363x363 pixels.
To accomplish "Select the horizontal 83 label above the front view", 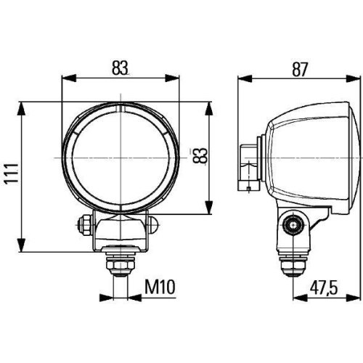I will click(x=121, y=67).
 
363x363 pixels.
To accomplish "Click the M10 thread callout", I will click(x=159, y=287).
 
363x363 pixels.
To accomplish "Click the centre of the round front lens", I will click(x=121, y=158).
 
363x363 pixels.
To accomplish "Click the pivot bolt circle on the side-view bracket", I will click(x=293, y=225).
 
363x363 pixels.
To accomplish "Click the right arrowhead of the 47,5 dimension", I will click(x=354, y=297).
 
